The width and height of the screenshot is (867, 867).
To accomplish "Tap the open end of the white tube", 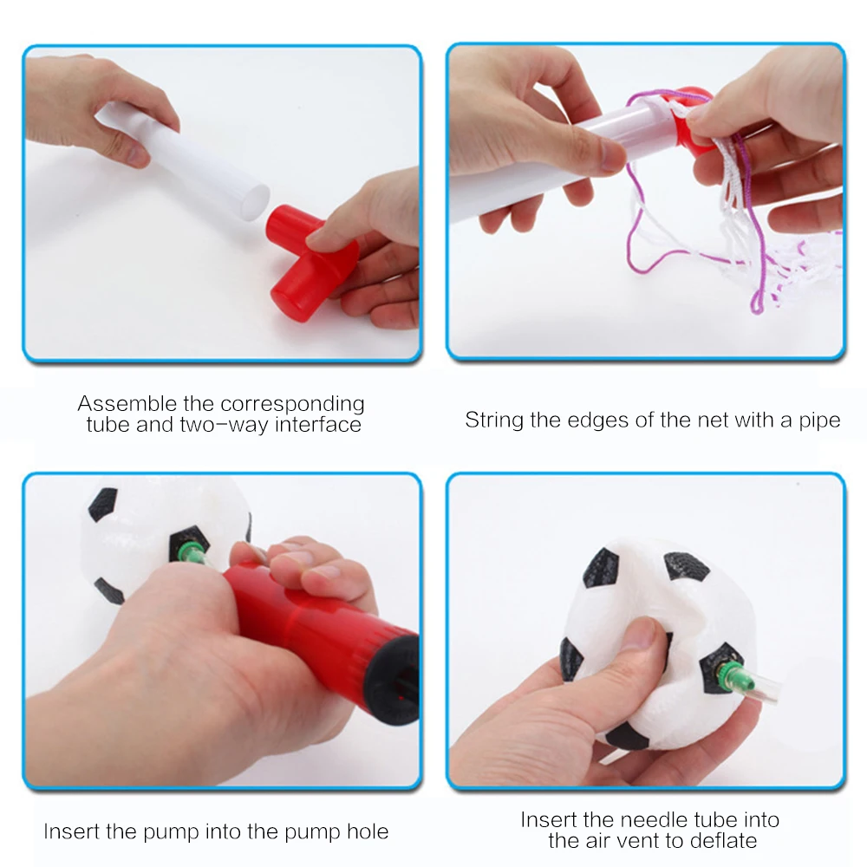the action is tap(256, 204).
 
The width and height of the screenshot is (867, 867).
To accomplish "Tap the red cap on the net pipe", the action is tap(692, 121).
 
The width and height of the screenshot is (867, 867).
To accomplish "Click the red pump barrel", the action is tap(321, 625).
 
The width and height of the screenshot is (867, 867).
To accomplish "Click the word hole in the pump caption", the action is tap(368, 831).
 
